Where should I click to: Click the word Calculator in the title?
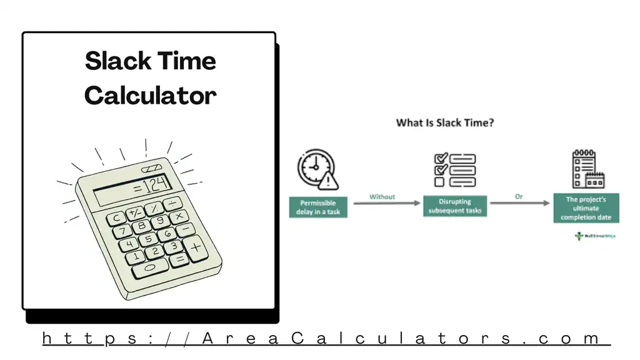[150, 96]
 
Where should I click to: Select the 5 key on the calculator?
[148, 239]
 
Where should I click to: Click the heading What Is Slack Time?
[445, 122]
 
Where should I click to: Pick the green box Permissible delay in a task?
[318, 207]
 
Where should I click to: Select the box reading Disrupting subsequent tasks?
[454, 206]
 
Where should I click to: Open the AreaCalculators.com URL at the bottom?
[326, 339]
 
